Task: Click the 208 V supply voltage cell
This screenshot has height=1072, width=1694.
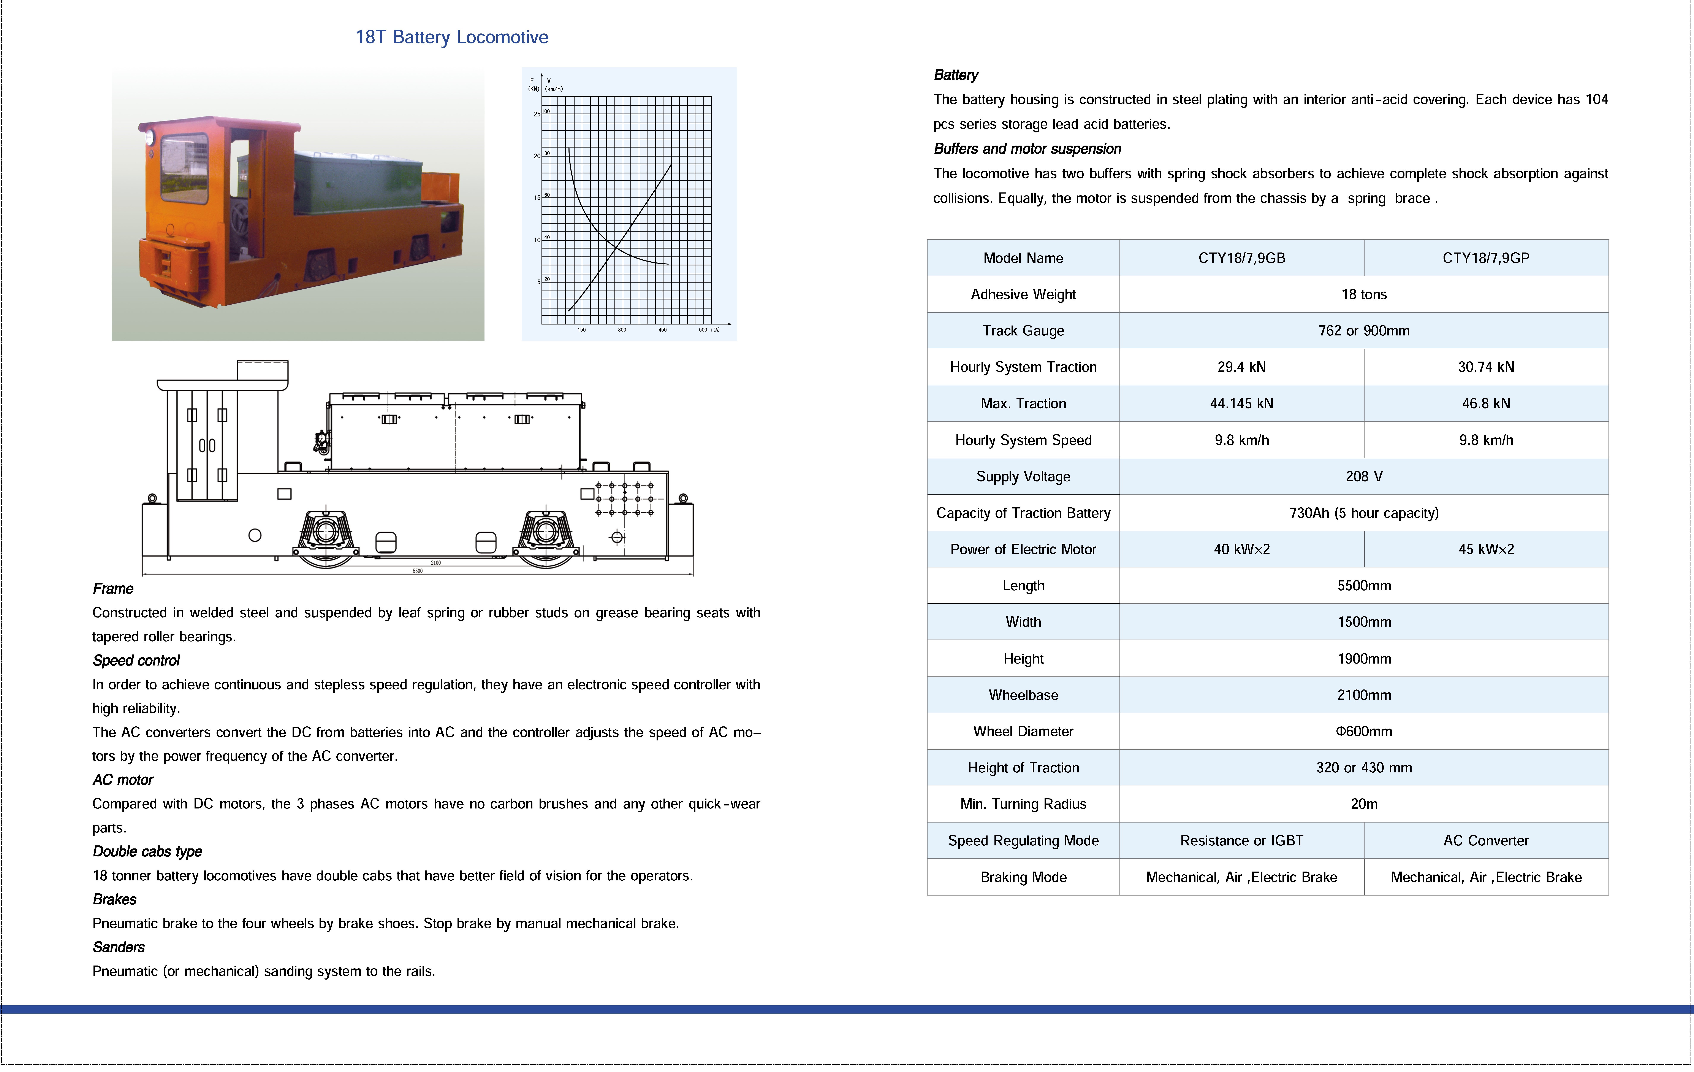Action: click(x=1363, y=476)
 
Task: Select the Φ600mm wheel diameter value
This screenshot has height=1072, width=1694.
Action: click(x=1363, y=731)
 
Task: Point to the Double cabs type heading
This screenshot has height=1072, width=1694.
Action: click(x=147, y=852)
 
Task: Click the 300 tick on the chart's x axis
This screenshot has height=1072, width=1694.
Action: click(x=622, y=329)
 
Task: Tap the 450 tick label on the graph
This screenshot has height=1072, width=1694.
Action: click(x=662, y=329)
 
